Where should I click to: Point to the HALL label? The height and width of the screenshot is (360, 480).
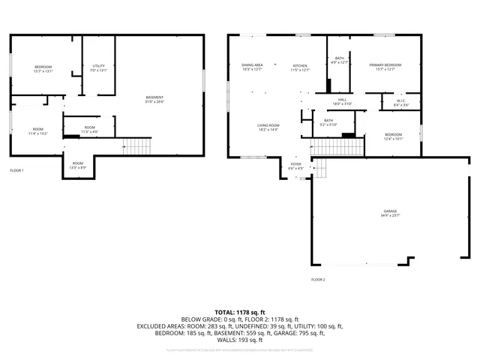tap(342, 101)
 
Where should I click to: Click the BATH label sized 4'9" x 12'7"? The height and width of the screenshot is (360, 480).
tap(340, 60)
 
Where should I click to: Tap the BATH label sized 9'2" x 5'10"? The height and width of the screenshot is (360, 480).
tap(328, 122)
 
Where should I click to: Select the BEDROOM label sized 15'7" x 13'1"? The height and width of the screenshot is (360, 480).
tap(43, 70)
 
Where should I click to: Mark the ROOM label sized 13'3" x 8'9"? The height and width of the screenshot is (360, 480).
tap(78, 165)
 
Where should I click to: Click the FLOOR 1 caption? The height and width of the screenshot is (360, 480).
tap(17, 170)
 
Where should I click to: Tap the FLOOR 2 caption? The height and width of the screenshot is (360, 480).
tap(319, 279)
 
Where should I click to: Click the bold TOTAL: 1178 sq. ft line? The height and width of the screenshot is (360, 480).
tap(240, 312)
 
